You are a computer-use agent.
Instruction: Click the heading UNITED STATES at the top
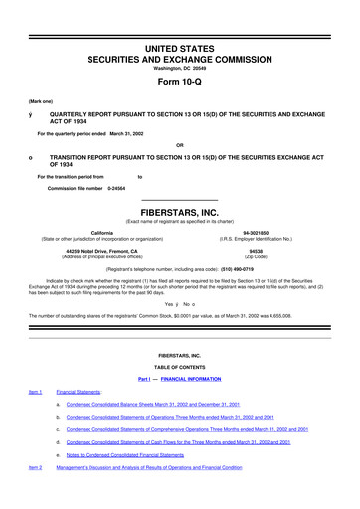180,20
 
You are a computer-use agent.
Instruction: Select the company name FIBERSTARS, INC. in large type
180,211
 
